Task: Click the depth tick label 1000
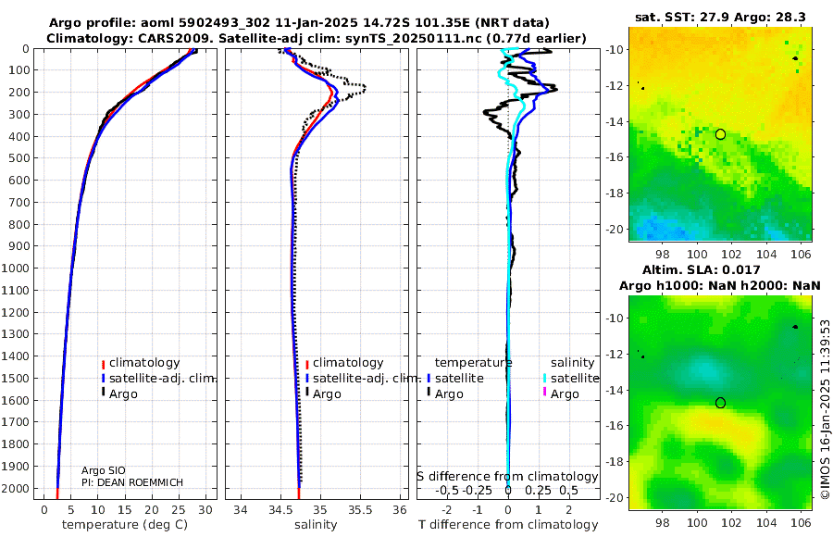[18, 268]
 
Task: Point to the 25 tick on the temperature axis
[179, 509]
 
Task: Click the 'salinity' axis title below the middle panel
[315, 525]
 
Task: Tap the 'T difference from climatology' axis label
[508, 525]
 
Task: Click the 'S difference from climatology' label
[507, 477]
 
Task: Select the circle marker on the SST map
[720, 134]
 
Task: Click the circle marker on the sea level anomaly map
[720, 403]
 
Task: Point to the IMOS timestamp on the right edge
[826, 410]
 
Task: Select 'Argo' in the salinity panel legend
[327, 394]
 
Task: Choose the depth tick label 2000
[18, 488]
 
